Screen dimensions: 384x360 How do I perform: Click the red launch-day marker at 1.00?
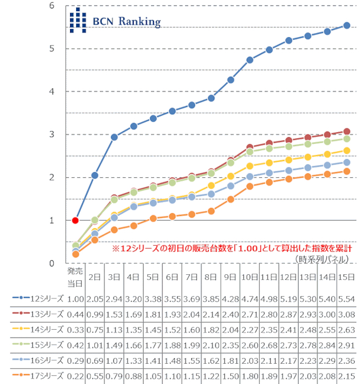(x=76, y=220)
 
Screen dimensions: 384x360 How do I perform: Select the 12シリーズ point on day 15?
(x=346, y=25)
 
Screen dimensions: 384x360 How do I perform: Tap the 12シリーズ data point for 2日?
(x=95, y=176)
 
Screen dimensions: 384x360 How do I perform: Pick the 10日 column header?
(x=250, y=277)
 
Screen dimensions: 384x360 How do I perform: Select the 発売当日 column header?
(x=75, y=277)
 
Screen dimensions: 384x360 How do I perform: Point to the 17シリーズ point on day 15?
(x=346, y=171)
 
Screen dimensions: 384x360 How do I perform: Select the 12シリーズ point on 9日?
(x=231, y=80)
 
